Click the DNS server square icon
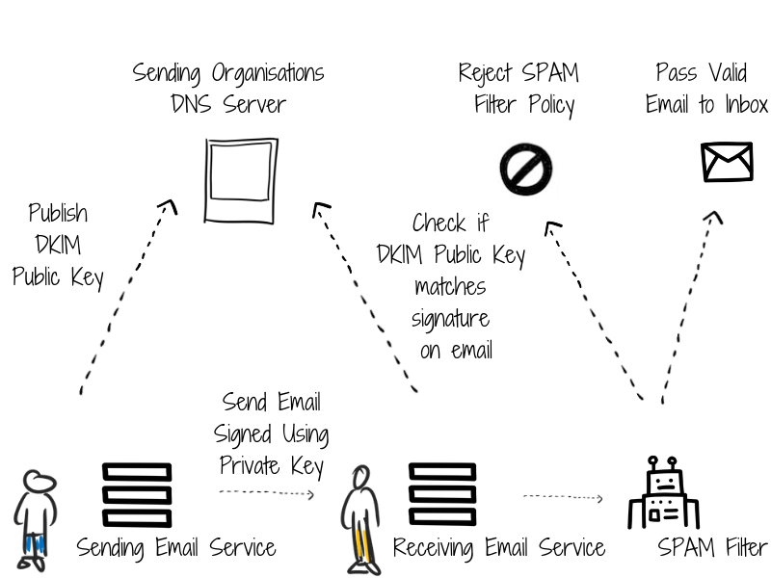(241, 180)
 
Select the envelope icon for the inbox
(726, 162)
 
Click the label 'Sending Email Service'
(176, 548)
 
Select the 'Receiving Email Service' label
(498, 548)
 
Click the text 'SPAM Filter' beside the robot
(712, 548)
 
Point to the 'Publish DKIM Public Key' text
(58, 245)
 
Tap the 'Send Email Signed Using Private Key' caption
(272, 433)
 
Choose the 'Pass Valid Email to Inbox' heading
(706, 89)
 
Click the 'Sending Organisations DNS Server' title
(228, 88)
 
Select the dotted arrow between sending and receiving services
(267, 493)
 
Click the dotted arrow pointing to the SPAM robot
(563, 498)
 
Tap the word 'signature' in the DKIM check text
(450, 318)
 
